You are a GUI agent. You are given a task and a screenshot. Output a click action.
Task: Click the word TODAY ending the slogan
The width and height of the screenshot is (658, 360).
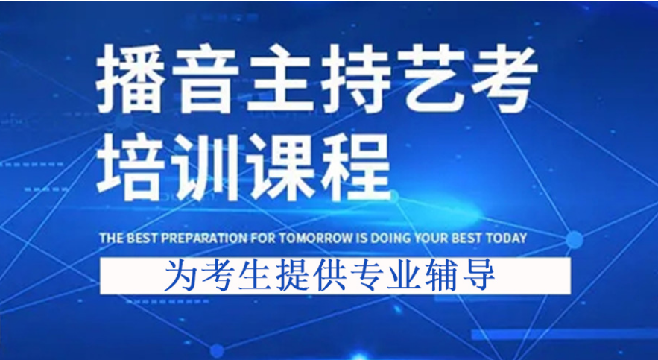tap(507, 239)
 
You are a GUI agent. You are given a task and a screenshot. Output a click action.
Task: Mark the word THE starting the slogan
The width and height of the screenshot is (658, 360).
tap(111, 239)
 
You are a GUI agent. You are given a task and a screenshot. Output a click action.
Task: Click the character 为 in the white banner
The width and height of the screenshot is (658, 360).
tap(179, 276)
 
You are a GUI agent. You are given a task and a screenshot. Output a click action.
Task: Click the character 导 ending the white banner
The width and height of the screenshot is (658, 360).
tap(481, 276)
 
